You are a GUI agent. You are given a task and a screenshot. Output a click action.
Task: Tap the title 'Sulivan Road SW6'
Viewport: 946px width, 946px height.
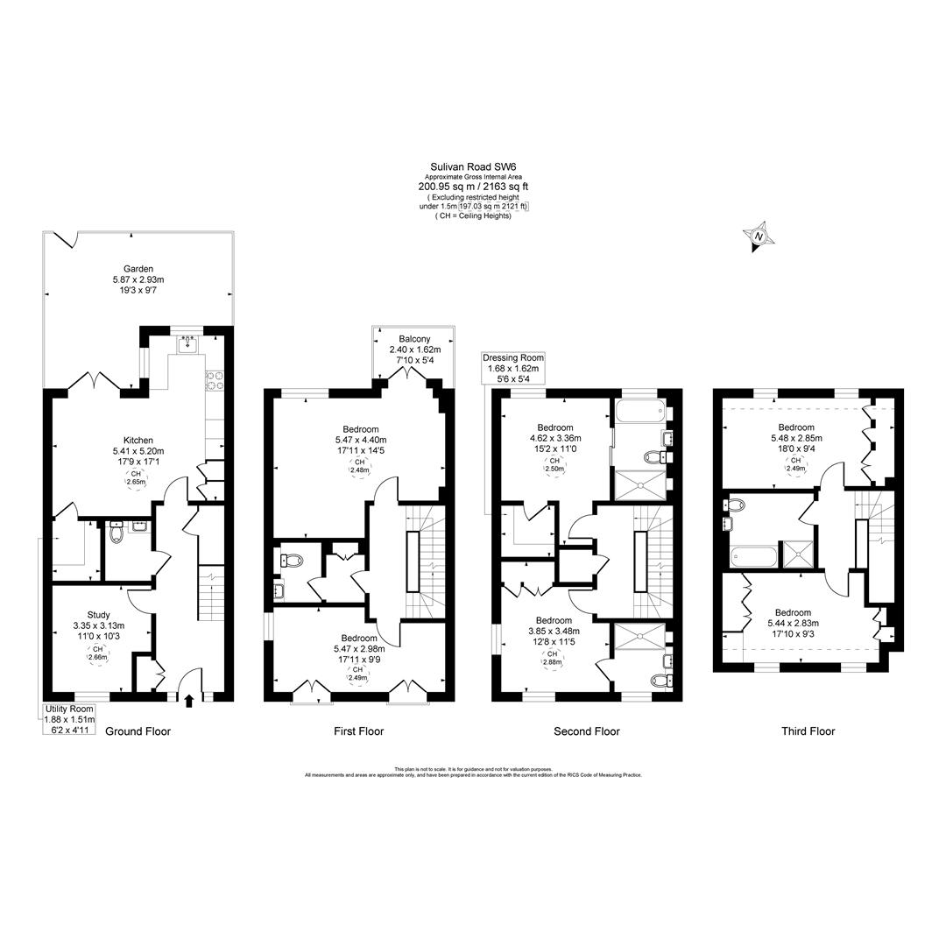point(473,165)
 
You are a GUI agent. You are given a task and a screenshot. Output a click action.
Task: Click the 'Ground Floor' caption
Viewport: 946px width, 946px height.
point(138,731)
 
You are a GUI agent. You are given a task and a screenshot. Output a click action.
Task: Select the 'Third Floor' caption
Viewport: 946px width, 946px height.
point(808,731)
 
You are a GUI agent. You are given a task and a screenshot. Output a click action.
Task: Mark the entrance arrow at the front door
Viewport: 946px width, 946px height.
point(189,699)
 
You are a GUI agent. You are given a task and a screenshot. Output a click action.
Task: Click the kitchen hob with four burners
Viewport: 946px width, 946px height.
point(214,379)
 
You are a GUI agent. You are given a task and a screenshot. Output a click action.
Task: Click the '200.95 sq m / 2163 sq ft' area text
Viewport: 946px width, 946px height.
point(473,186)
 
